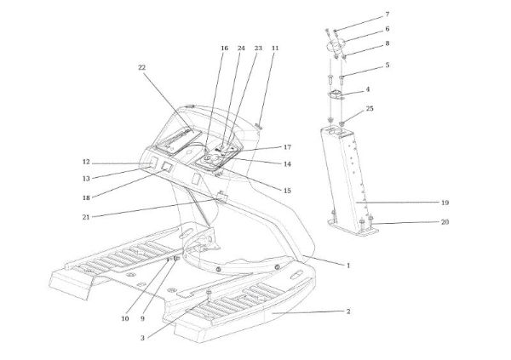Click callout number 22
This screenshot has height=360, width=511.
[x=141, y=67]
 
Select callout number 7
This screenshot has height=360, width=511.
[x=388, y=14]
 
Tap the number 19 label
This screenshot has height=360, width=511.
[x=445, y=203]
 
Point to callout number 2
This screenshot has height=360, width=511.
[x=348, y=311]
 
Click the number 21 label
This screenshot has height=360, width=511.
[x=86, y=217]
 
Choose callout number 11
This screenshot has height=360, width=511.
[x=275, y=49]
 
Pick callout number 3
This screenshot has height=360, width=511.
[x=142, y=338]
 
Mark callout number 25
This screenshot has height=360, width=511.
[x=370, y=108]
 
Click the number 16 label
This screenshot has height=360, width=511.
[x=224, y=49]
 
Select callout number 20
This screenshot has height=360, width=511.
[x=445, y=222]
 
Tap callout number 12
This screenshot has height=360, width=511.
[x=86, y=162]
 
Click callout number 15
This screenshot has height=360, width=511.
[x=287, y=191]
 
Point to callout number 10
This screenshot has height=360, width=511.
[x=125, y=318]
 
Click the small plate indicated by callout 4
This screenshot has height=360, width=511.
[x=336, y=94]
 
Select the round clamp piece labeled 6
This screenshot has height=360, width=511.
[x=336, y=45]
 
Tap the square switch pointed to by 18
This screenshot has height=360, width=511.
[x=167, y=167]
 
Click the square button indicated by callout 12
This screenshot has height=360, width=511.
[x=153, y=161]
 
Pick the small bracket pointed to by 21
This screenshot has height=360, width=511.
[x=222, y=197]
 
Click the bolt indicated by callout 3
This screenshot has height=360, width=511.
[x=209, y=294]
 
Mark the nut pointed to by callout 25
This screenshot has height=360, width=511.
[x=342, y=123]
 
